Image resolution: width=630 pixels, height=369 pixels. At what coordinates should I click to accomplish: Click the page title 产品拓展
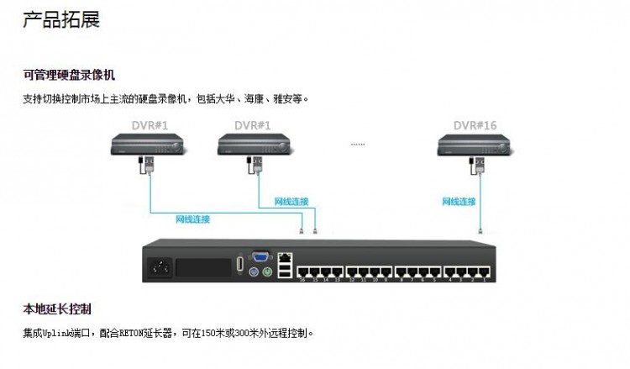[x=61, y=19]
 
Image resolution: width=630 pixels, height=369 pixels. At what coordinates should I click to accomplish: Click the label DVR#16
[x=475, y=125]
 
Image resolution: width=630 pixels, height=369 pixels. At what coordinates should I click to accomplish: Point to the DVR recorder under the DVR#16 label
[x=475, y=147]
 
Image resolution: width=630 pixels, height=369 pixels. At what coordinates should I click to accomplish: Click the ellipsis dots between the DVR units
[x=358, y=144]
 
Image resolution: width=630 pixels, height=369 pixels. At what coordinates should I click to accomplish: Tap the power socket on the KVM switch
[x=160, y=269]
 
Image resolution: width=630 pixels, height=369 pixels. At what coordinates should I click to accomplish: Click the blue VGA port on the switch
[x=261, y=257]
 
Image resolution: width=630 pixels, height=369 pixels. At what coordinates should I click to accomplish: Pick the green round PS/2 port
[x=268, y=271]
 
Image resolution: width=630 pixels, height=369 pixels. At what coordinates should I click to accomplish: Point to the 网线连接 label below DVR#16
[x=459, y=202]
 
